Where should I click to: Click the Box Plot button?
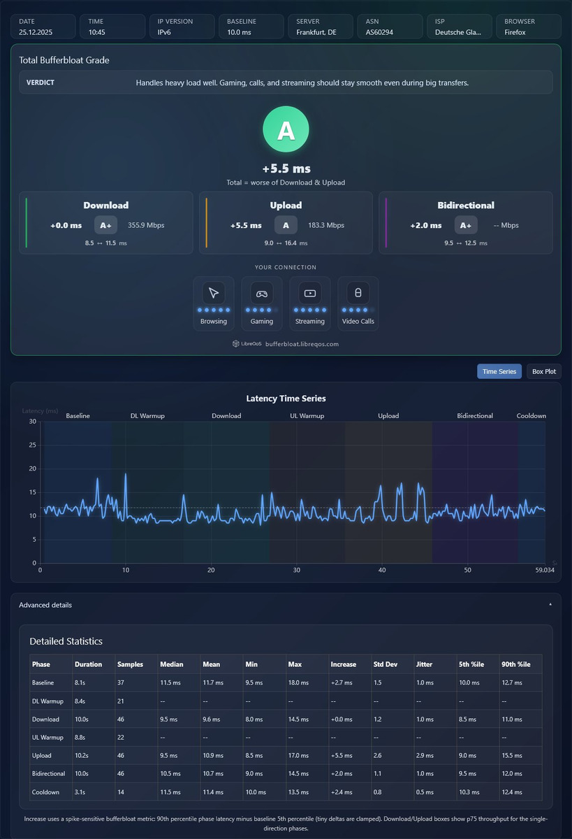[543, 371]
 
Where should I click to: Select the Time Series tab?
[499, 371]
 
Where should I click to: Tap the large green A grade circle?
[286, 129]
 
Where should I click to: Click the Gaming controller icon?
[261, 293]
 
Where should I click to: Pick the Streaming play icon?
[310, 293]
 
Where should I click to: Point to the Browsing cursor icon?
[214, 293]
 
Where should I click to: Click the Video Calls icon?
[358, 293]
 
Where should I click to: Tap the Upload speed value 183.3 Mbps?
[326, 225]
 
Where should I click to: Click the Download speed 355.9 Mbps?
[146, 225]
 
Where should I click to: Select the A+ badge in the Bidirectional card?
[466, 225]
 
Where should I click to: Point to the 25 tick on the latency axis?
[33, 445]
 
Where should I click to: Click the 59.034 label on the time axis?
[545, 570]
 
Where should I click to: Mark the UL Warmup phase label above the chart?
[307, 416]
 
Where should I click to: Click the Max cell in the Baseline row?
[298, 682]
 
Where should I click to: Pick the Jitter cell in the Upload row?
[425, 755]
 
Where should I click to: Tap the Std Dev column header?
[386, 664]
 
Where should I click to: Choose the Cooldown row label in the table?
[45, 791]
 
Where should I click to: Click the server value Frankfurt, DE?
[316, 32]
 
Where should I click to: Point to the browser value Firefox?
[515, 32]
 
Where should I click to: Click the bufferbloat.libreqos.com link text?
[302, 344]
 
